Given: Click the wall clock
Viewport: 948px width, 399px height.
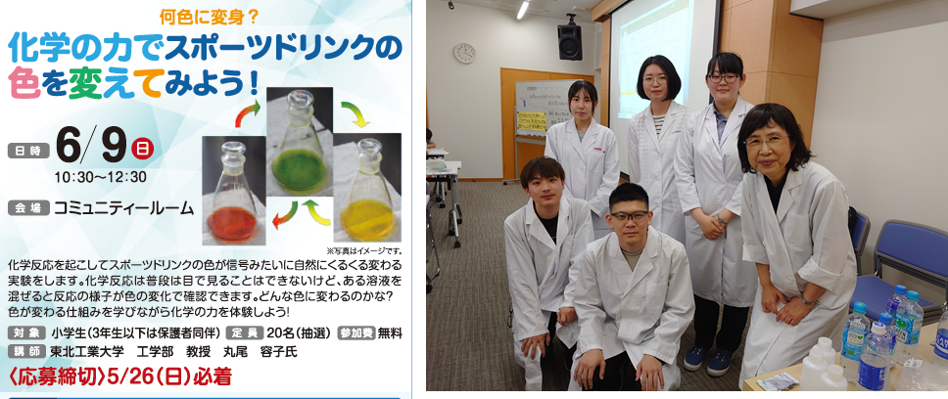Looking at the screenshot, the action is [464, 53].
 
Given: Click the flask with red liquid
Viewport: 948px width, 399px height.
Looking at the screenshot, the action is [234, 193].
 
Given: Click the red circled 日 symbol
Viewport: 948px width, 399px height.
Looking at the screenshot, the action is [144, 148].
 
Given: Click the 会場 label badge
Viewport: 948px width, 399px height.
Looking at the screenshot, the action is [27, 209].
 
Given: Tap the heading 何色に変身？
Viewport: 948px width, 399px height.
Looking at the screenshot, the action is [210, 18].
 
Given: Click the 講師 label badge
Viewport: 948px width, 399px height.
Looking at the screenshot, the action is [27, 351].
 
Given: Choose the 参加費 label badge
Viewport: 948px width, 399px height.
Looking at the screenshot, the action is [356, 332].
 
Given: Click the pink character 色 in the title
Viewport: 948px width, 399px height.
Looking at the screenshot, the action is [24, 83].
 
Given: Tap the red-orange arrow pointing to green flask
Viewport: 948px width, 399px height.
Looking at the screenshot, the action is [247, 112].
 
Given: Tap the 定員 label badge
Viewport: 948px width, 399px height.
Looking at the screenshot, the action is [245, 332].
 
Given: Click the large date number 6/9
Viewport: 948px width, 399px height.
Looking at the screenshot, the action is [91, 147].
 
